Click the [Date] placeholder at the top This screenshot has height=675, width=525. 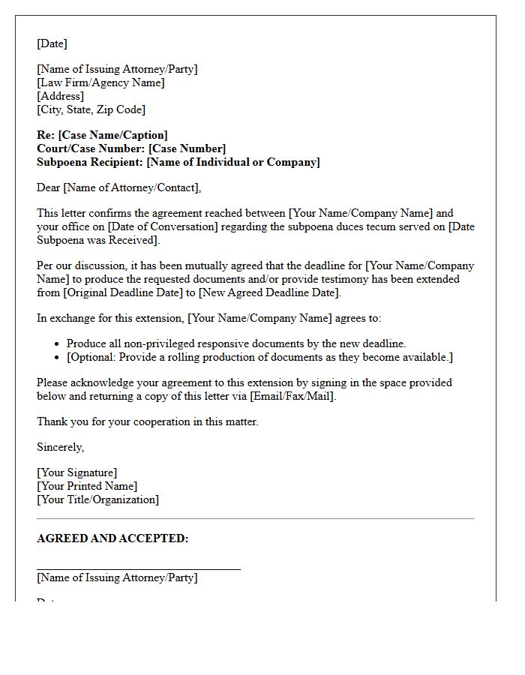click(52, 43)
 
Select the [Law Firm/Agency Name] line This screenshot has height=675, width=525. click(100, 82)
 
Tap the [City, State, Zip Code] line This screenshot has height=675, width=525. click(91, 109)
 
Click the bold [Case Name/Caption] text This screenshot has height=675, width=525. click(112, 135)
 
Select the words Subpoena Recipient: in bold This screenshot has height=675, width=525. click(90, 162)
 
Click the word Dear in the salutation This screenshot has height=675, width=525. click(49, 187)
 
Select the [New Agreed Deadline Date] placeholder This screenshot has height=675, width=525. click(269, 292)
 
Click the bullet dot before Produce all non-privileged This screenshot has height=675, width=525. click(58, 344)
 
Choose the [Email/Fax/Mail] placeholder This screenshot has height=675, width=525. click(292, 396)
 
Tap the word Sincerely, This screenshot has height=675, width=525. click(61, 447)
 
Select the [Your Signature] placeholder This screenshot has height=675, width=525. click(76, 472)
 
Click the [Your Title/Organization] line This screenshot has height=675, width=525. click(97, 499)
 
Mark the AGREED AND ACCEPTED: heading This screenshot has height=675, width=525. click(112, 538)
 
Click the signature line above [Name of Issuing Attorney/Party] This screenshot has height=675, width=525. click(139, 569)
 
